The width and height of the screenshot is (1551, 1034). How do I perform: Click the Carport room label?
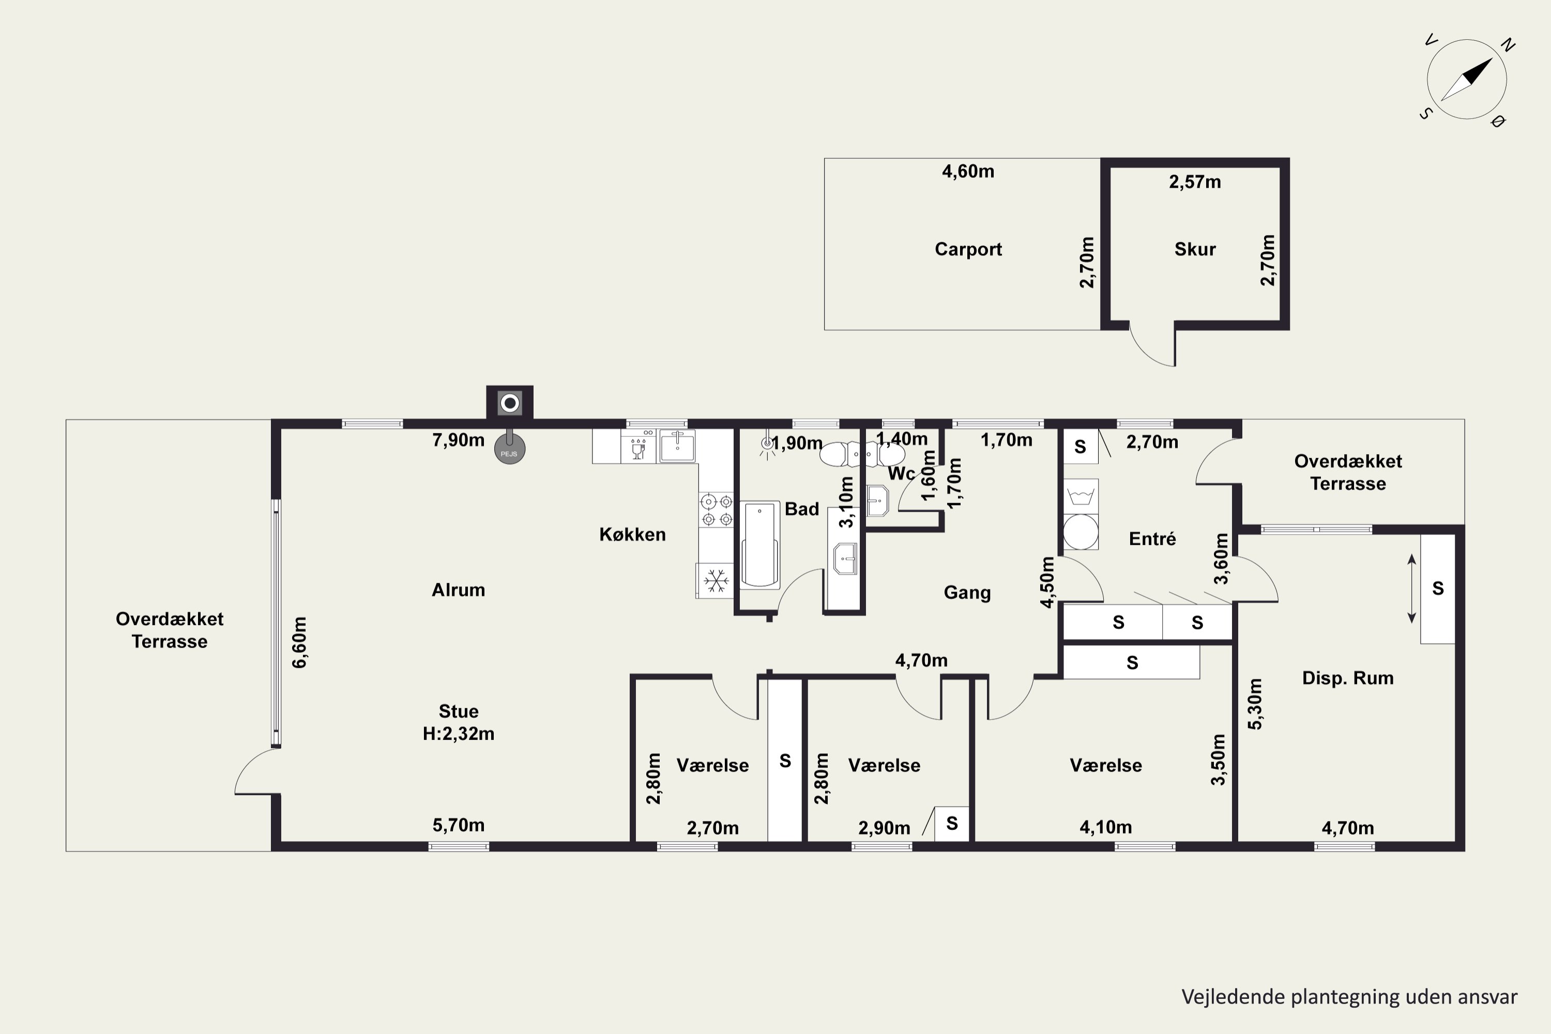[968, 249]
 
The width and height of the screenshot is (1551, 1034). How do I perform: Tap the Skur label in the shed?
[1195, 249]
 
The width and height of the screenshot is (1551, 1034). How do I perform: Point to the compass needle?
[1467, 79]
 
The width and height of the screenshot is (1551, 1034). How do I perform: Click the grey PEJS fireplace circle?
[510, 450]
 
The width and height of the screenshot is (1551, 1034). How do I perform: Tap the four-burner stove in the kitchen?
[717, 510]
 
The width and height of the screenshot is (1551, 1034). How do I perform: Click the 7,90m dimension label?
[458, 440]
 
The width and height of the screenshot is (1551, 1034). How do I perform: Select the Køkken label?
[632, 534]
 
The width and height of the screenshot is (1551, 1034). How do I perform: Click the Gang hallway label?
[967, 593]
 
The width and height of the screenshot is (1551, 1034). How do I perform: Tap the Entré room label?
[1153, 539]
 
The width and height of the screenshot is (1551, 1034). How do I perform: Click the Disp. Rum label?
[1348, 678]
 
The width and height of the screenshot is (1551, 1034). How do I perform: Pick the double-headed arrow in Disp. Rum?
[1412, 588]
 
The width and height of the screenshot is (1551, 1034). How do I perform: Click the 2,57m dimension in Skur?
[1195, 182]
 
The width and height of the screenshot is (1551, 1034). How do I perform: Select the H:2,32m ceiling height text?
[458, 733]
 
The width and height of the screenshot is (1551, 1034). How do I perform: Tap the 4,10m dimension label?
[1106, 827]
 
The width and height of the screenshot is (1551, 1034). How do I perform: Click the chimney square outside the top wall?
[510, 402]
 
